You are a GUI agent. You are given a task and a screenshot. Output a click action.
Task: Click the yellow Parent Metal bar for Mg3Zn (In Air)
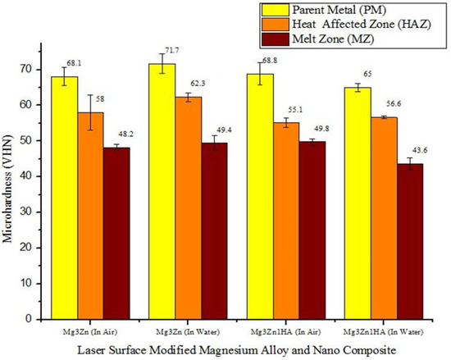tap(65, 197)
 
